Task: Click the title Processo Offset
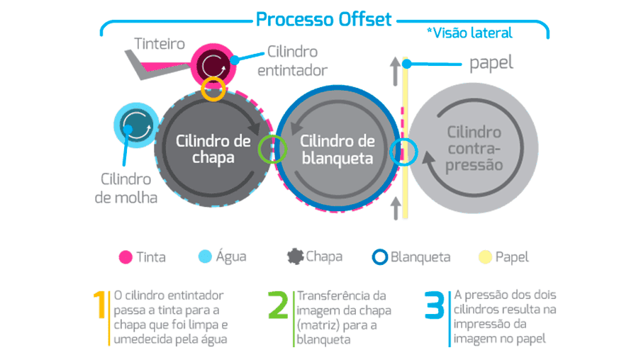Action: tap(323, 19)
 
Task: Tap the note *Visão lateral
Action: tap(469, 33)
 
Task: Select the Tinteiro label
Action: tap(160, 44)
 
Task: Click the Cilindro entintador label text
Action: tap(292, 61)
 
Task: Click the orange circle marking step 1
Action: tap(213, 89)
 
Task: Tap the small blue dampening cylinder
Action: tap(133, 126)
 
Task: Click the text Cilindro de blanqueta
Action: tap(337, 150)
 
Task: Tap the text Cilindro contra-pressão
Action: tap(474, 149)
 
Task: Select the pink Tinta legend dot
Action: tap(126, 257)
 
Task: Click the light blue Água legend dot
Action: tap(206, 257)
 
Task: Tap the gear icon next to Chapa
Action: tap(295, 257)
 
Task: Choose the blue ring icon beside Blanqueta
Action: tap(379, 257)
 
